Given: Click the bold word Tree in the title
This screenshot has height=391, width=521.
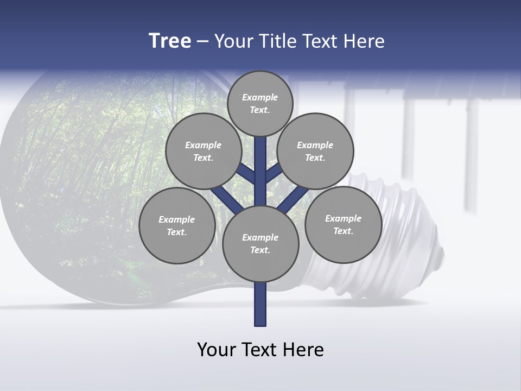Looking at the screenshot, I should click(170, 41).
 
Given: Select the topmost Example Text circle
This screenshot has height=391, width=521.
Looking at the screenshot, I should click(260, 104).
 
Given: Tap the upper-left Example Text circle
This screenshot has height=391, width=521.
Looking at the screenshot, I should click(203, 151).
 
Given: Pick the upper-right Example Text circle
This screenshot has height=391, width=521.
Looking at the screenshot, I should click(315, 151).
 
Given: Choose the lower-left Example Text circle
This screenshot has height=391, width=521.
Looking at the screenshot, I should click(176, 225).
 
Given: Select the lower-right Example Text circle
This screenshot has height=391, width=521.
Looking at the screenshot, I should click(343, 224).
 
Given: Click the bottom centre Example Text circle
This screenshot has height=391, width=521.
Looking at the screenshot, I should click(260, 243).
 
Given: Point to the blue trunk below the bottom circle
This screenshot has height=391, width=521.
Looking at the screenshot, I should click(260, 304).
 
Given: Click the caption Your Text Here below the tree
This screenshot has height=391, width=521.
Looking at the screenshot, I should click(260, 350).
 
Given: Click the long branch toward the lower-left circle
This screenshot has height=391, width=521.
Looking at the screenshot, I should click(225, 198).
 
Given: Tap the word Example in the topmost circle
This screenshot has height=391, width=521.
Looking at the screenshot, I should click(260, 98).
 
